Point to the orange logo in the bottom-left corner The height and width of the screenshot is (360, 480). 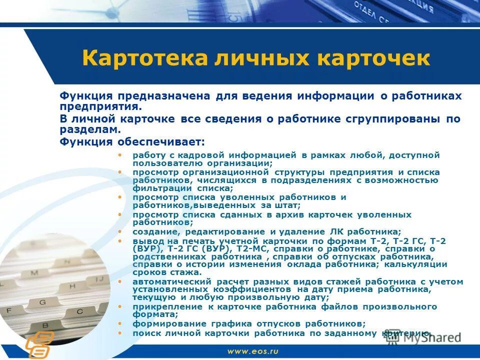pyautogui.click(x=38, y=342)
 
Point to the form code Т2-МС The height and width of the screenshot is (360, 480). pyautogui.click(x=249, y=248)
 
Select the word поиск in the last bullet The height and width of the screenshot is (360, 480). pyautogui.click(x=145, y=332)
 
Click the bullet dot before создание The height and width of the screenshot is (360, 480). pyautogui.click(x=119, y=231)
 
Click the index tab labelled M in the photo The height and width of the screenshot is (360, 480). pyautogui.click(x=34, y=273)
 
